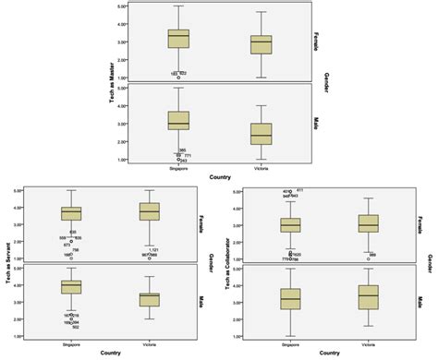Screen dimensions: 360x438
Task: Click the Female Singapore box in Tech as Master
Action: (178, 38)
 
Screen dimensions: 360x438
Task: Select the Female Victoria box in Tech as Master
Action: (262, 44)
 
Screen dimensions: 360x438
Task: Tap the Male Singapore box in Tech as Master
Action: (178, 121)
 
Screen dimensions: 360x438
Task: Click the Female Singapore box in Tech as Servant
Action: (70, 213)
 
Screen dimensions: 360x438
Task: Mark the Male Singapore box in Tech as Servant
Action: (70, 287)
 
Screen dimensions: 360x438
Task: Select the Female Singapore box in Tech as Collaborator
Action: (291, 224)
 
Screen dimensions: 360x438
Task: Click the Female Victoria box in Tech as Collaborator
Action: (368, 223)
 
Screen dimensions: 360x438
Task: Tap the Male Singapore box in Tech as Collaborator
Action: (291, 297)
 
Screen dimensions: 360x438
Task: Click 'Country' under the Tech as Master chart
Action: (219, 174)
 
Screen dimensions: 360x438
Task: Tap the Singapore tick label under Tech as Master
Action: (178, 166)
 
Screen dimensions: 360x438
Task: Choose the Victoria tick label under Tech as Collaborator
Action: (368, 343)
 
